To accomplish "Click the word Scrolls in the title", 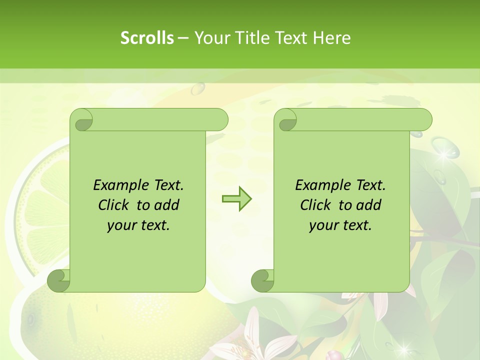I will (147, 38).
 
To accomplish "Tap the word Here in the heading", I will (332, 38).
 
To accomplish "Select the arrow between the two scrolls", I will (236, 199).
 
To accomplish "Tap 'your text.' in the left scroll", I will (138, 225).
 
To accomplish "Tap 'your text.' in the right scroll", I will (340, 225).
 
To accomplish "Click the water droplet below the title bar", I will (198, 88).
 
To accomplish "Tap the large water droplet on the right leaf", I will (445, 148).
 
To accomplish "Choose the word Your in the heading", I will (210, 38).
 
